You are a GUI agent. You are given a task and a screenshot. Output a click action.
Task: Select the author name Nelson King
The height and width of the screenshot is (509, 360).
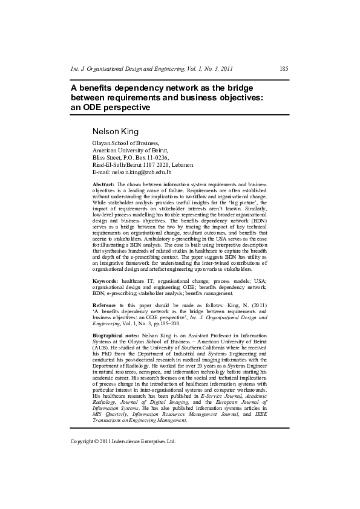coord(115,131)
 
